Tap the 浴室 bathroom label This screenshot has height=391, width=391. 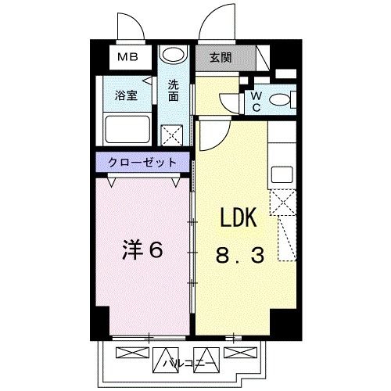tap(126, 96)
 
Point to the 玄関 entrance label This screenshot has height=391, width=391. tap(221, 57)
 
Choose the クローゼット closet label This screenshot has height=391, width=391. tap(142, 162)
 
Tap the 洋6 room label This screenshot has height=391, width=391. tap(142, 251)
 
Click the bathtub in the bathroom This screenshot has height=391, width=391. tap(127, 129)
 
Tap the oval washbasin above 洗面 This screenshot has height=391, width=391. tap(174, 56)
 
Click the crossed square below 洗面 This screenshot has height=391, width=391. tap(174, 135)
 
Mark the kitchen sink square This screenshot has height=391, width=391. tap(281, 174)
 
